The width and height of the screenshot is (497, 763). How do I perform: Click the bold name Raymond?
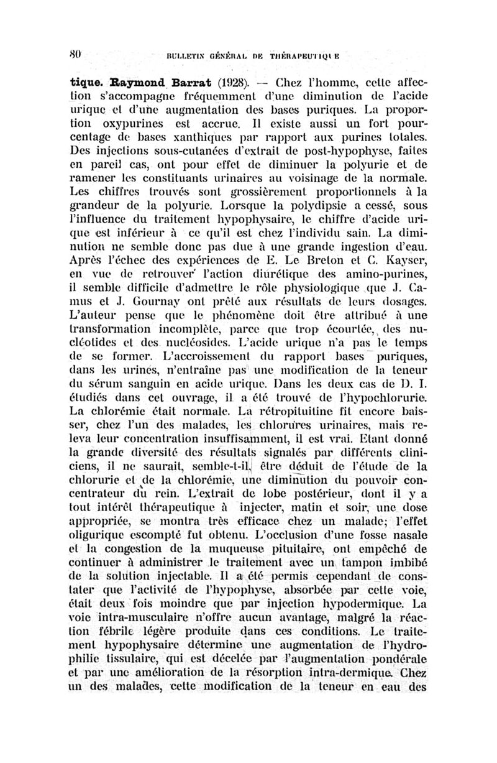116,82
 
